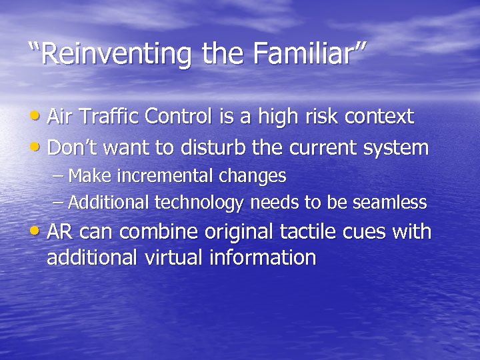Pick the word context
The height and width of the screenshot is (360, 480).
pos(380,117)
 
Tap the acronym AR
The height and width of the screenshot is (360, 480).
pos(60,232)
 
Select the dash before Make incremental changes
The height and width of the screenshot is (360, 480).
pos(59,177)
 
